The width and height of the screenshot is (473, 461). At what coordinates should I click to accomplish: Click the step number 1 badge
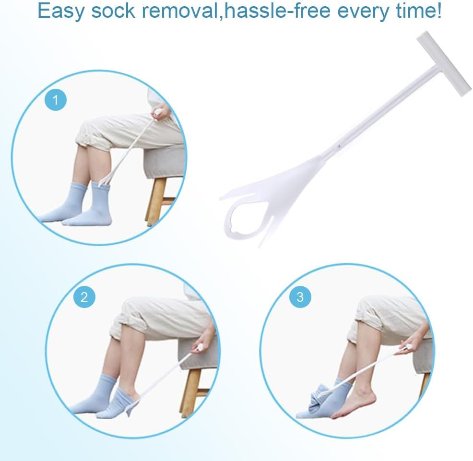click(x=55, y=100)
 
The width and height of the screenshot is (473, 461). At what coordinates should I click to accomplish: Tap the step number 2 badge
click(x=84, y=297)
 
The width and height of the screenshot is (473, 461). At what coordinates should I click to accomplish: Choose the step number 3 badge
click(x=300, y=297)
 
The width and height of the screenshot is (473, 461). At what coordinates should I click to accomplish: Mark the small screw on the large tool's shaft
click(x=339, y=145)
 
